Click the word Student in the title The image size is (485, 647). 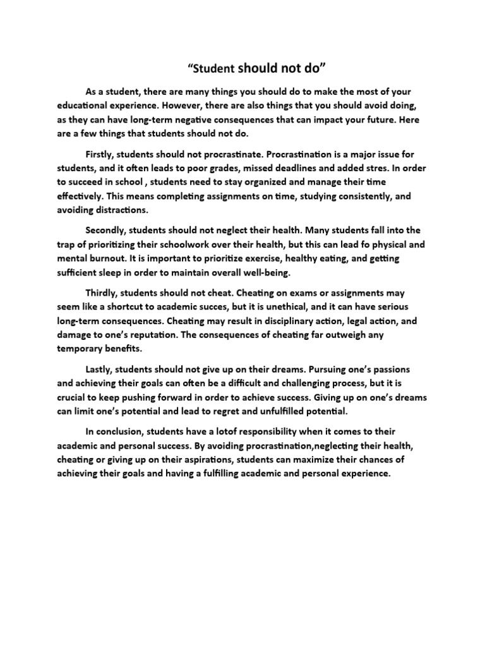point(212,69)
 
